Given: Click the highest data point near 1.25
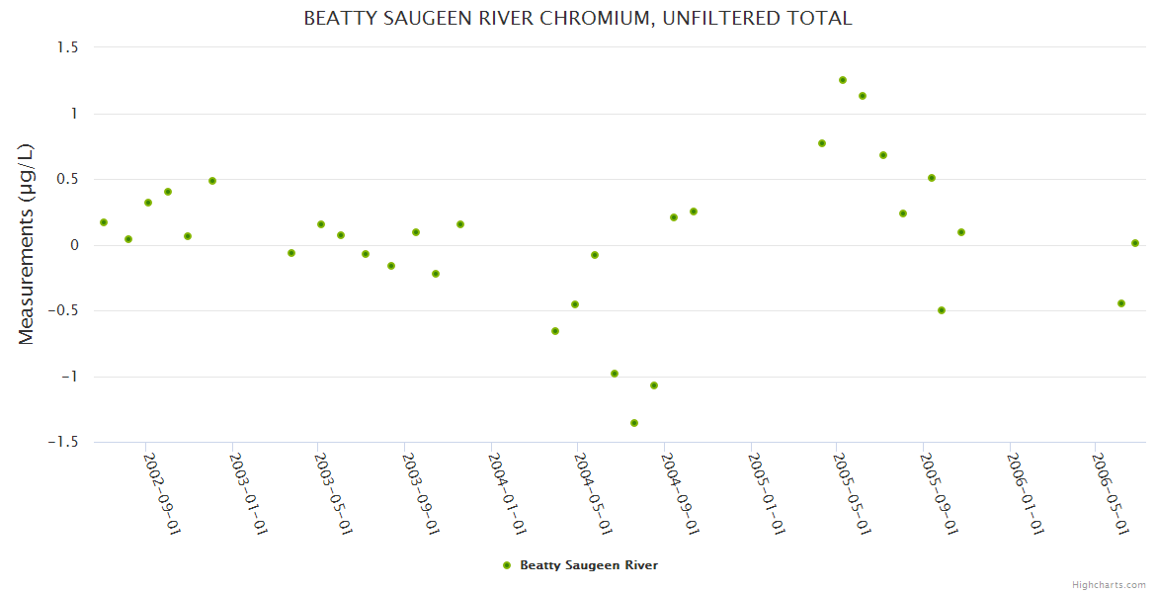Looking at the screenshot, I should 843,80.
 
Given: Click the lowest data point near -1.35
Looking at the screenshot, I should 634,423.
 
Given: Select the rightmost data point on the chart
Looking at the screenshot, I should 1135,243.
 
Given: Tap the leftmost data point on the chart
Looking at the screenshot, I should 104,222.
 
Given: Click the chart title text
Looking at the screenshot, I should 577,18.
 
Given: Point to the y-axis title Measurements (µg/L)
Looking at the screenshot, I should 27,244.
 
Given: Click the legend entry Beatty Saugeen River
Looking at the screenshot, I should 588,565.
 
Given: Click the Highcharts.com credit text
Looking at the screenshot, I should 1109,584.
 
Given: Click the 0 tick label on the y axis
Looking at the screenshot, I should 73,245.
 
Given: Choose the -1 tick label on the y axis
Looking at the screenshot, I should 68,377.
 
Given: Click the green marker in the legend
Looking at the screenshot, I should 507,565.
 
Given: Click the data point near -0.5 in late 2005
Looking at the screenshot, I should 942,310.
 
